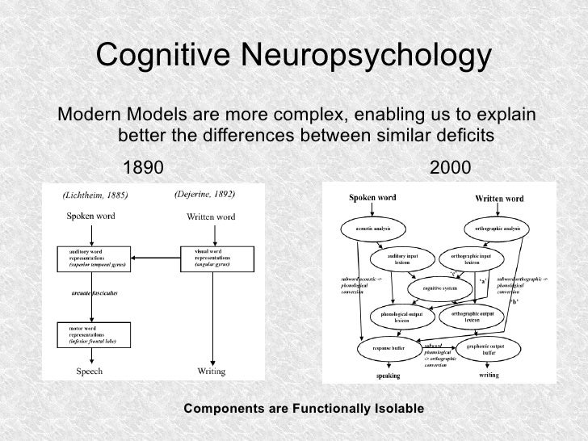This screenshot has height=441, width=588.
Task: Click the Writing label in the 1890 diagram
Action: click(x=212, y=372)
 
